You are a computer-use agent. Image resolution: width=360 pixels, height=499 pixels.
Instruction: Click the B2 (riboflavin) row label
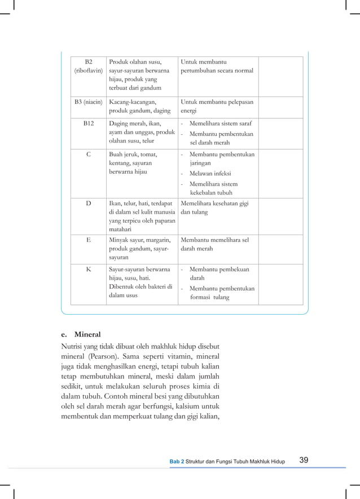point(88,66)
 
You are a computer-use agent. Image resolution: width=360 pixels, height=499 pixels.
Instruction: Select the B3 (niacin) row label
point(88,102)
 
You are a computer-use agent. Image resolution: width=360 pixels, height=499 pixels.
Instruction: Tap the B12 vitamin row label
point(88,123)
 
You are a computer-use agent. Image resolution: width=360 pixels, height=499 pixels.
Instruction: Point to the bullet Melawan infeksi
point(210,174)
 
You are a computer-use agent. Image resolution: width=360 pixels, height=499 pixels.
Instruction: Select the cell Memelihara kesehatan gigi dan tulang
point(214,207)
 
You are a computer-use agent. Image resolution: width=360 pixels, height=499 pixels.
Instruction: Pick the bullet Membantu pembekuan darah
point(218,273)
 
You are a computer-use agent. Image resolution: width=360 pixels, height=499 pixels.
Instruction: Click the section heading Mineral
point(87,334)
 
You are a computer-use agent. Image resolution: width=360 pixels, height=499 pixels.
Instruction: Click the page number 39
point(304,461)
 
